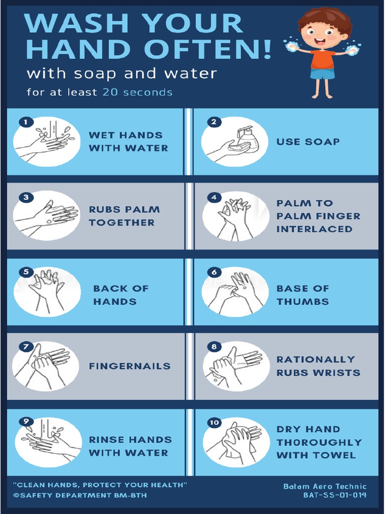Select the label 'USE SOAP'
(308, 142)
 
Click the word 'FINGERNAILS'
(130, 366)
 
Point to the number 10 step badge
(215, 423)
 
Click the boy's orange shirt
(322, 59)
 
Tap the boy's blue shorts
(322, 74)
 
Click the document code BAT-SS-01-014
(334, 495)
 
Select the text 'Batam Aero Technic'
(325, 486)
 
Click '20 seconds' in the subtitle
(137, 92)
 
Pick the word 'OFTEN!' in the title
(208, 49)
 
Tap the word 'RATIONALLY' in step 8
(315, 359)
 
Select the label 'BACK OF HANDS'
(120, 295)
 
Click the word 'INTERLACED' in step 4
(314, 229)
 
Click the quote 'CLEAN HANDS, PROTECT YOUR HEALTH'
(100, 485)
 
